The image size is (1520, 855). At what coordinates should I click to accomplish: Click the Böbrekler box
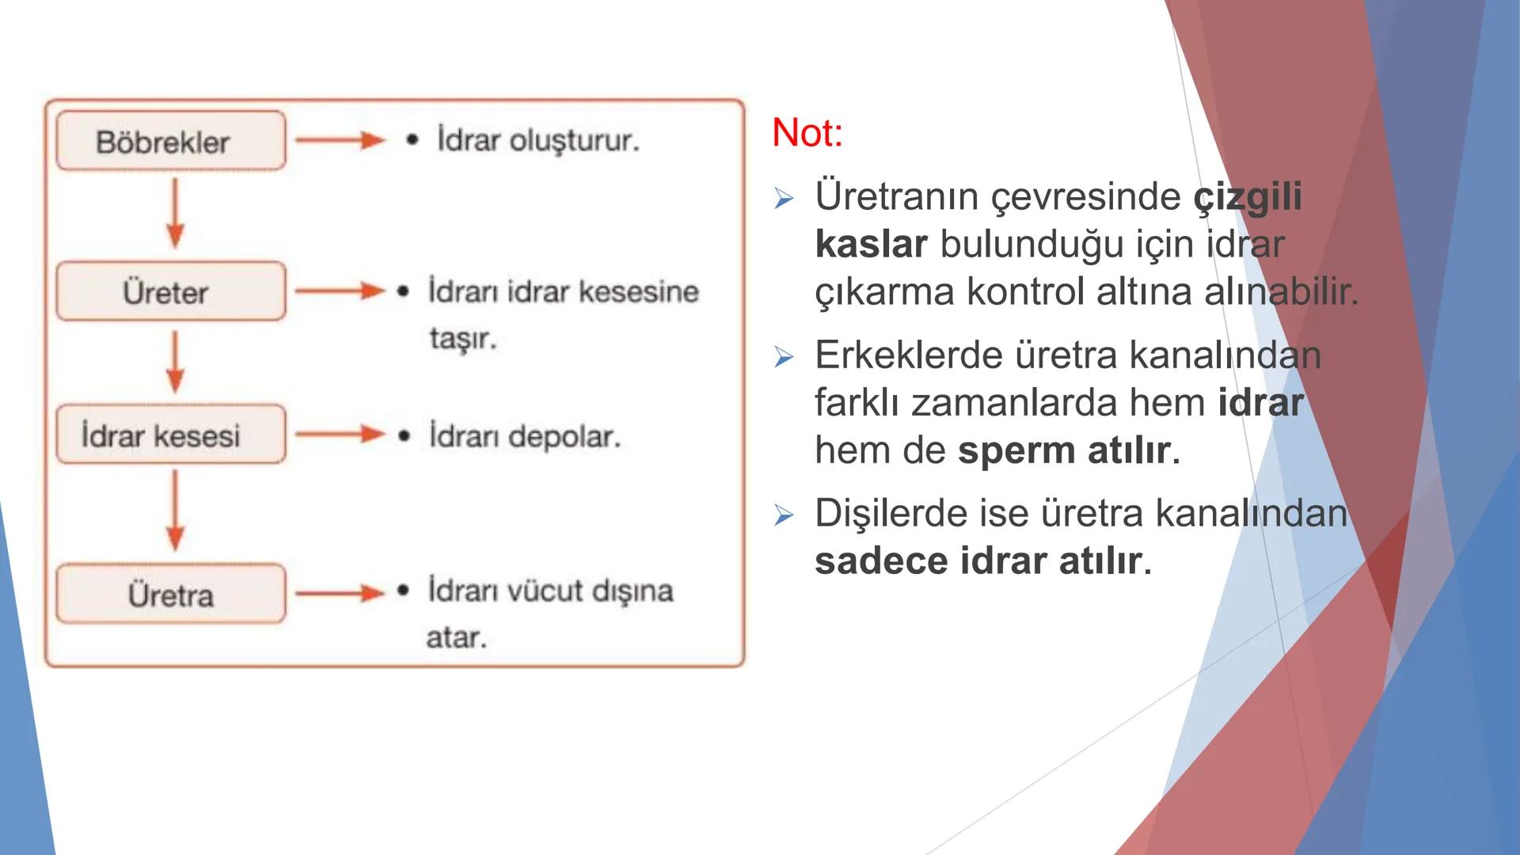(170, 142)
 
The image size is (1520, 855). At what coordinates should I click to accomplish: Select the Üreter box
(170, 291)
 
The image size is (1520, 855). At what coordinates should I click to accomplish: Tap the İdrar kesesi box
(170, 435)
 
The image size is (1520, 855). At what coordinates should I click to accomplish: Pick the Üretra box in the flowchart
(170, 594)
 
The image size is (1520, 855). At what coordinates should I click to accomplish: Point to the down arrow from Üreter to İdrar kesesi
(175, 362)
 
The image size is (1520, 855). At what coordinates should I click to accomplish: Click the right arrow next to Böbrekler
(339, 141)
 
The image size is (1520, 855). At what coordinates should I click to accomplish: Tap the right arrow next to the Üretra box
(339, 593)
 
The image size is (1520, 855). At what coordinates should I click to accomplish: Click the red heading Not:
(807, 133)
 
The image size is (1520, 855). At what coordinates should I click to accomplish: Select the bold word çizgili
(1248, 196)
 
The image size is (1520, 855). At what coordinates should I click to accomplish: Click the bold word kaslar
(870, 244)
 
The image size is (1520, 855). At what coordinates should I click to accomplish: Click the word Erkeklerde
(907, 355)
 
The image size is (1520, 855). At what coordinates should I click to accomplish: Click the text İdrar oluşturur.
(538, 141)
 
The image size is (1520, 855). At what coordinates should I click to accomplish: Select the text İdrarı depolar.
(524, 436)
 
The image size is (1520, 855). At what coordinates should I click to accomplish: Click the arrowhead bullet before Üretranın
(783, 198)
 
